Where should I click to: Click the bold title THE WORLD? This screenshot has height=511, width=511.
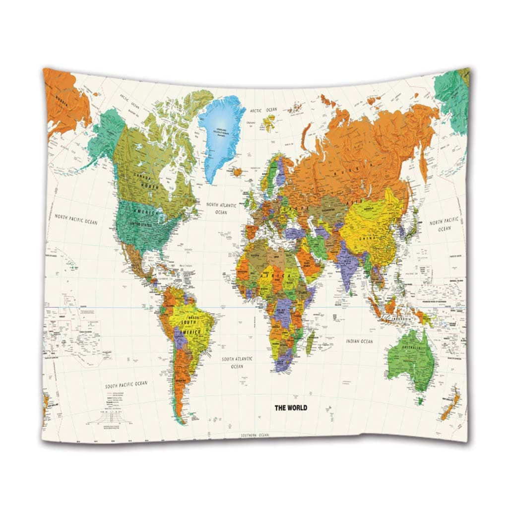click(x=291, y=408)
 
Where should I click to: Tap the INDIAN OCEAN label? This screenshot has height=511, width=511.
click(x=359, y=341)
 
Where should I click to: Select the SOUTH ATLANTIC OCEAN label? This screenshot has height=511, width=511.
click(x=237, y=362)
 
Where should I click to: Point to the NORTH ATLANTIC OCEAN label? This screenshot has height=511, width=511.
click(x=221, y=208)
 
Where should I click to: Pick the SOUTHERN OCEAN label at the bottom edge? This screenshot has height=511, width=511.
click(x=255, y=435)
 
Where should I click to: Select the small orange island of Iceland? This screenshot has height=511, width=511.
click(x=238, y=172)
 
